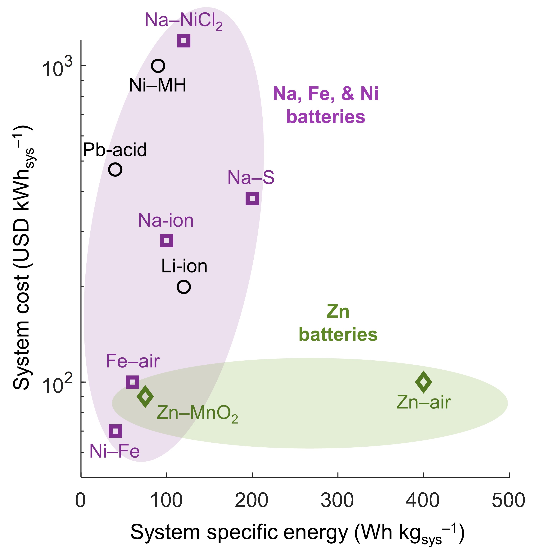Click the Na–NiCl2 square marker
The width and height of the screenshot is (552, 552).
pos(184,41)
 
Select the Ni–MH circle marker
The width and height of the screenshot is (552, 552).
pos(158,66)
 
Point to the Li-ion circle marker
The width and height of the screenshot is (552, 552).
pos(184,286)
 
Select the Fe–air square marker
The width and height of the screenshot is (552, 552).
pos(132,382)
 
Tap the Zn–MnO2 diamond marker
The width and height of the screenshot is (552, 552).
pos(145,396)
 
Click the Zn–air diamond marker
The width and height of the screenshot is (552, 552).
pos(423,382)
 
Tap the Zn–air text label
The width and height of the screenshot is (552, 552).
pos(423,402)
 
